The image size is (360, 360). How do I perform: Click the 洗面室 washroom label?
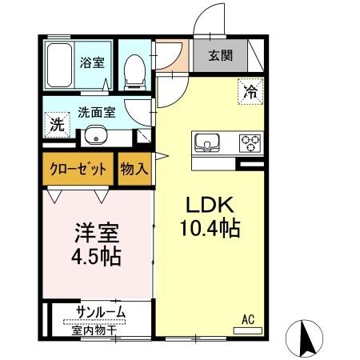[97, 113]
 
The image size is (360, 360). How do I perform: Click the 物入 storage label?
[134, 170]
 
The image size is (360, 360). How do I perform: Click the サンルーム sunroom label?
[101, 311]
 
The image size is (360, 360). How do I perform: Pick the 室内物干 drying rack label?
[97, 326]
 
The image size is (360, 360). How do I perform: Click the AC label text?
[248, 319]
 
